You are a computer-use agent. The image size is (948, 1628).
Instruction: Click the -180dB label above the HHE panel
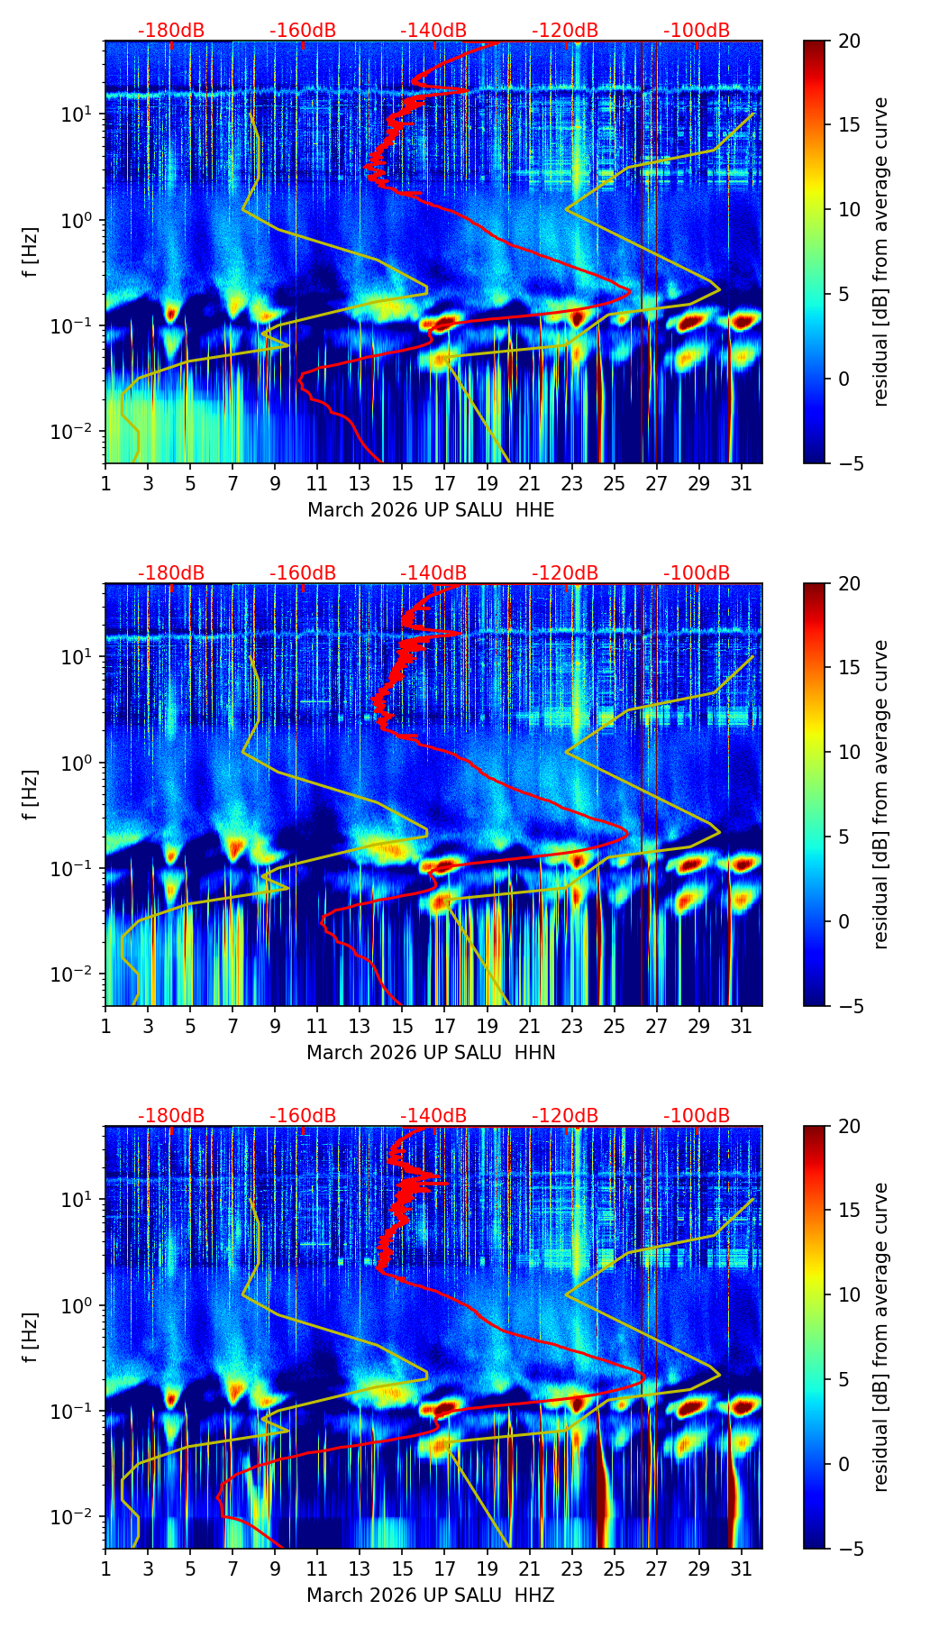pos(171,31)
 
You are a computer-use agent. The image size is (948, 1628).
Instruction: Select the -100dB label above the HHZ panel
pos(697,1116)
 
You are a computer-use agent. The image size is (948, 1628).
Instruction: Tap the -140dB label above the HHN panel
pos(433,573)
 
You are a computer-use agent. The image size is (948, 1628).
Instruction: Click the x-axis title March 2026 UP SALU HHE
pos(431,510)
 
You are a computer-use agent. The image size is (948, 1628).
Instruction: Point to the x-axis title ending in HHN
pos(431,1053)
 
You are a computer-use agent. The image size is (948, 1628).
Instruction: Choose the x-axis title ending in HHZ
pos(431,1596)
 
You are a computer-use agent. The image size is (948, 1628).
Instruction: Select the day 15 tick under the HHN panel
pos(402,1026)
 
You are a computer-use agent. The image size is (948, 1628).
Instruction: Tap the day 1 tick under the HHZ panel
pos(105,1569)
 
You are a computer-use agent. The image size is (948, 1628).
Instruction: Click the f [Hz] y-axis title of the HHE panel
pos(32,252)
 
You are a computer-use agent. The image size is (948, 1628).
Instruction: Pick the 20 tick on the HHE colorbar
pos(849,41)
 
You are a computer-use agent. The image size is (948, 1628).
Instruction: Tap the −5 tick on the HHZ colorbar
pos(849,1549)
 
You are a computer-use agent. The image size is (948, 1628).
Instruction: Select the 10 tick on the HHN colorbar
pos(849,752)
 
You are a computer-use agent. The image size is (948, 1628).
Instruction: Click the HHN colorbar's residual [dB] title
pos(880,794)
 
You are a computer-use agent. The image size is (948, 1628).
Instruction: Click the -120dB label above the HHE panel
pos(565,31)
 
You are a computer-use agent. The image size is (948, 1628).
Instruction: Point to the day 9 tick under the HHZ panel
pos(275,1569)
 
